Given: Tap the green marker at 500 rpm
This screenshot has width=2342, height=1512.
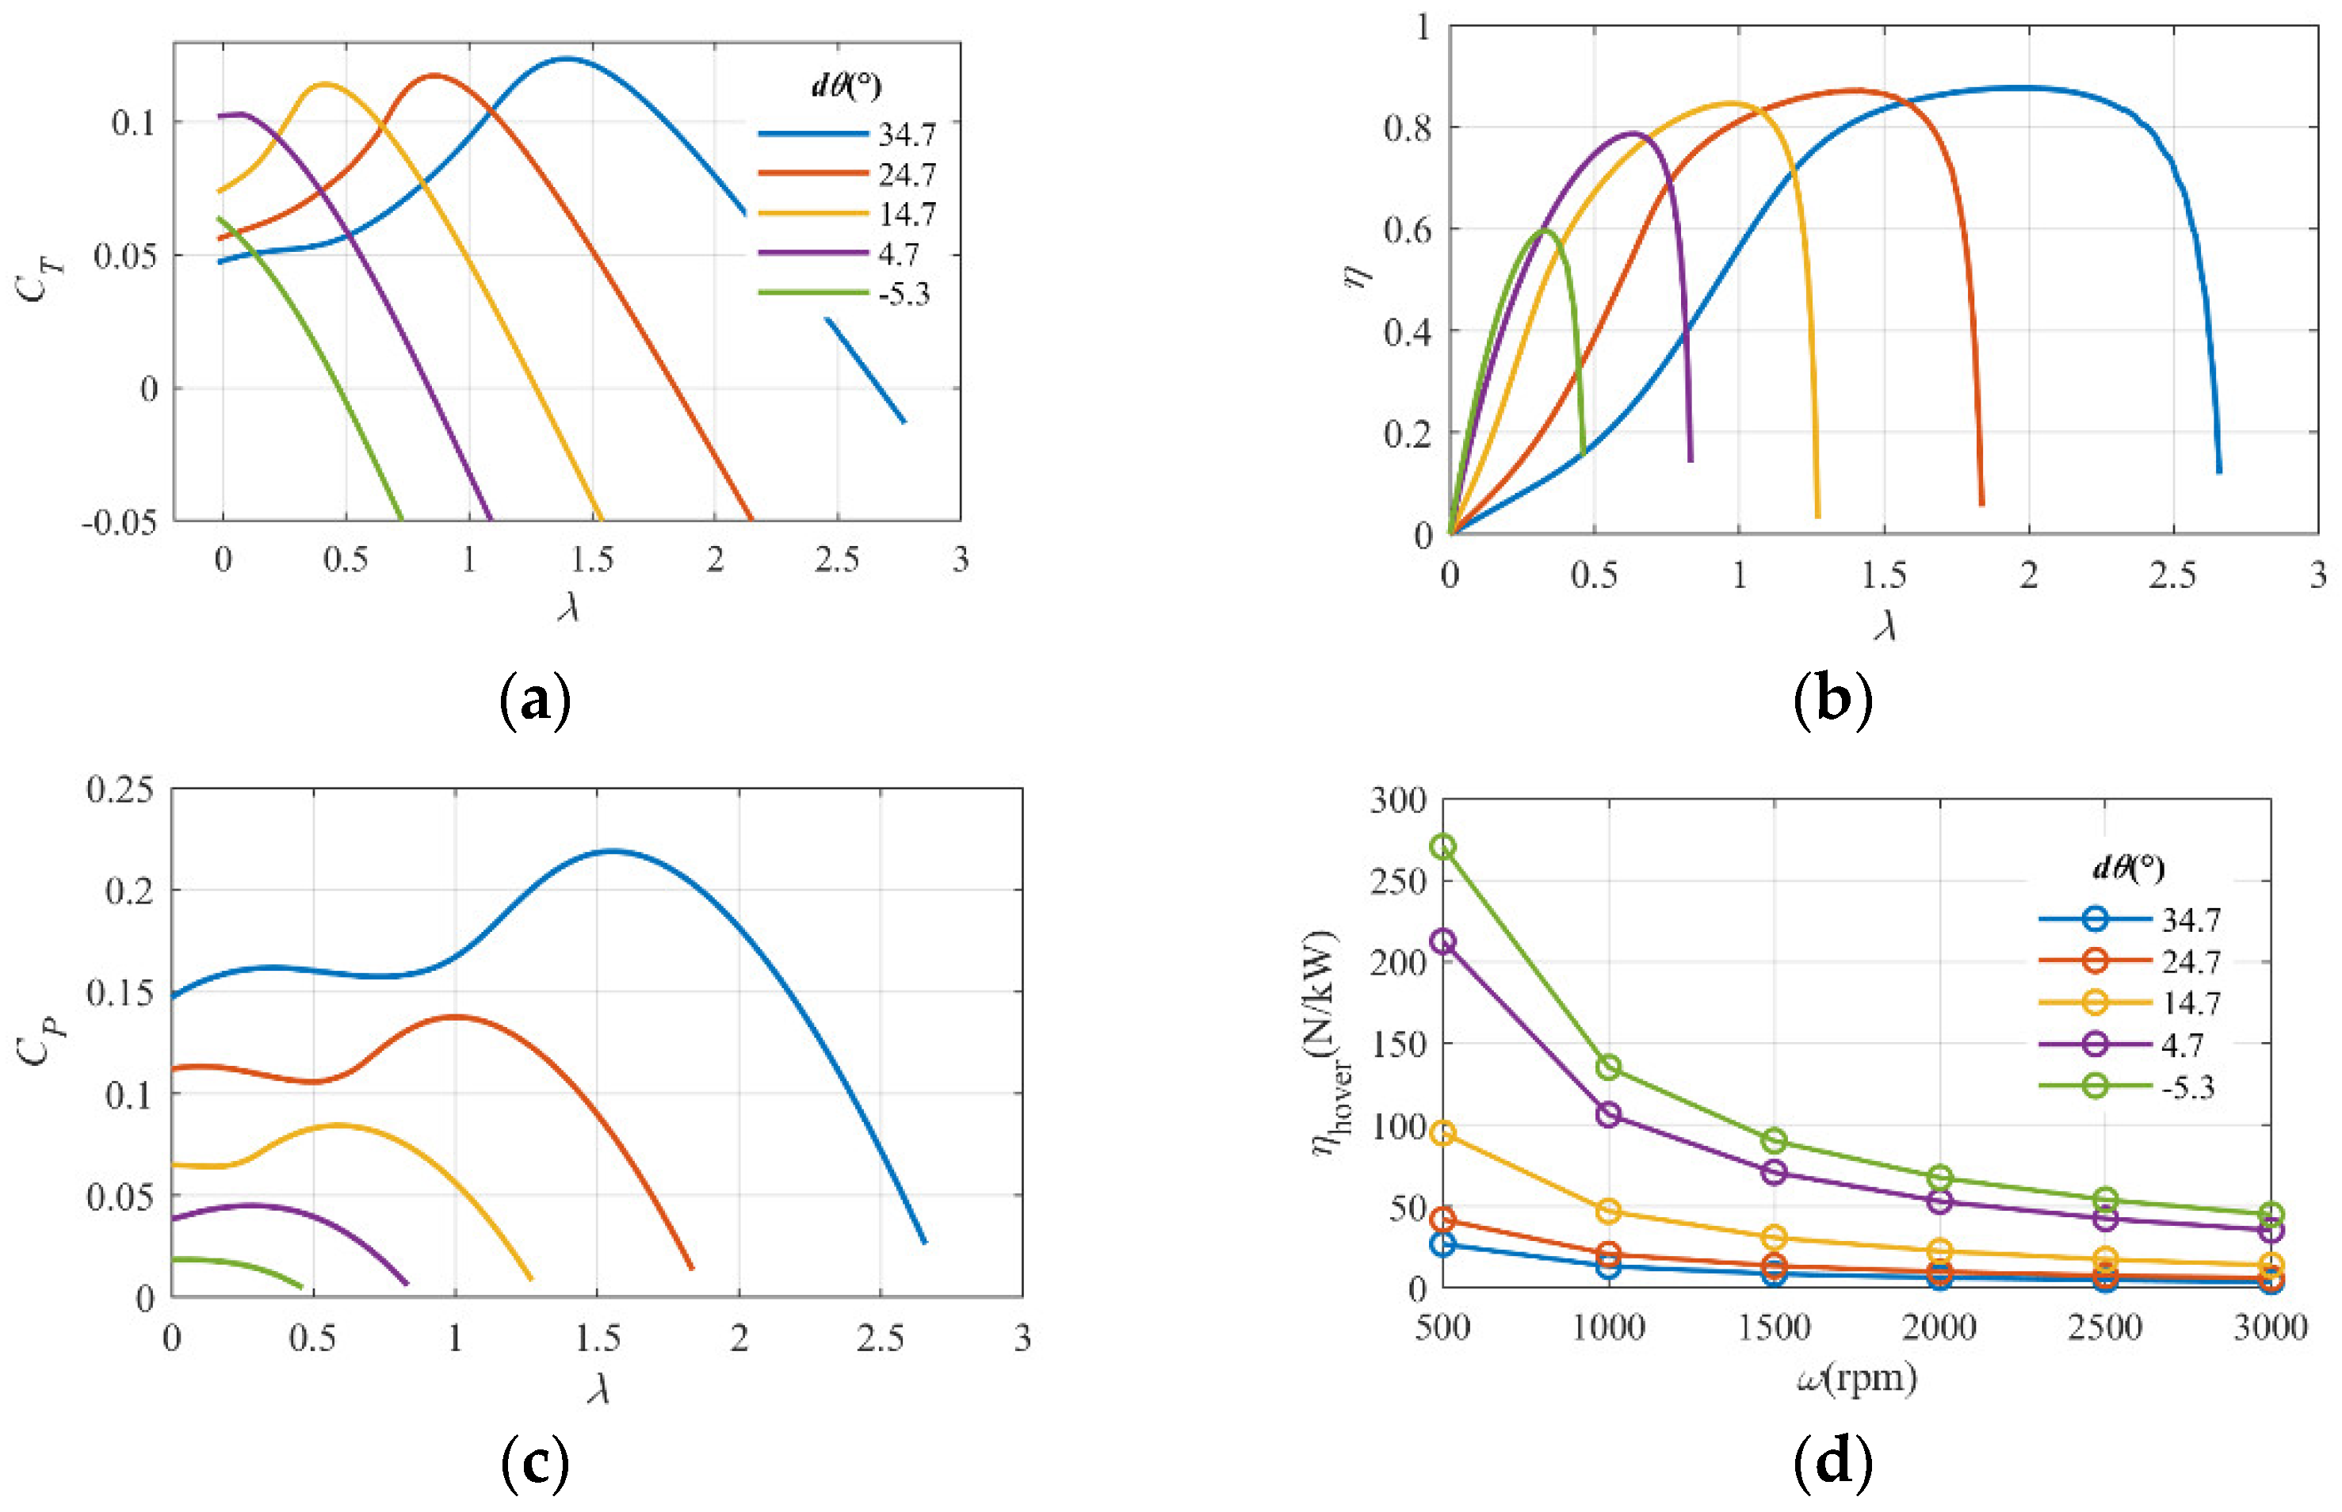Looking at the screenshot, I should [1443, 846].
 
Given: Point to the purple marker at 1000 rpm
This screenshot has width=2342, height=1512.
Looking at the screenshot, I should [1608, 1114].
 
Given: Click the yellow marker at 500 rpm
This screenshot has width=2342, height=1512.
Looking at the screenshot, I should [1443, 1134].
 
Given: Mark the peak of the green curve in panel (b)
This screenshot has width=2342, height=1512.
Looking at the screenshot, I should [1545, 230].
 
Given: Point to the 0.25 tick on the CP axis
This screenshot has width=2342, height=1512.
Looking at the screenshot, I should [120, 789].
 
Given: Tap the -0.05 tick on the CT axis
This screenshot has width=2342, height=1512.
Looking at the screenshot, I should [120, 522].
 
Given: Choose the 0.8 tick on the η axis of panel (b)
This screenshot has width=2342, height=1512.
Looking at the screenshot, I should [1407, 128].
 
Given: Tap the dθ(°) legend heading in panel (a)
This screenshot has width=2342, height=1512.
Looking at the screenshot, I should [846, 86].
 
